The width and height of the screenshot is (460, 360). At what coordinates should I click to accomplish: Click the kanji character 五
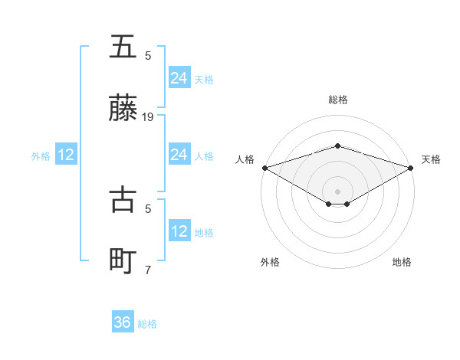[x=123, y=47]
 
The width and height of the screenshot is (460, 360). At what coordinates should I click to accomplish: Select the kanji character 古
[x=123, y=199]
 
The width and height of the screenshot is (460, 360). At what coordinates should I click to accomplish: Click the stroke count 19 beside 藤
[x=149, y=117]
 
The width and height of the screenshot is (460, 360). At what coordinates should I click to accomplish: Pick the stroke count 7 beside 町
[x=149, y=270]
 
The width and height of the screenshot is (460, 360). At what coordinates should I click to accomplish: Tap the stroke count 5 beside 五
[x=149, y=55]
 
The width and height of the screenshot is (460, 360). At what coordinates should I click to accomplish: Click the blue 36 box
[x=123, y=322]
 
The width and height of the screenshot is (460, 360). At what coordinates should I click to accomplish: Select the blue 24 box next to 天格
[x=179, y=77]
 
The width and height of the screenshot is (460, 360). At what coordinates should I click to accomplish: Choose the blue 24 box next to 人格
[x=179, y=155]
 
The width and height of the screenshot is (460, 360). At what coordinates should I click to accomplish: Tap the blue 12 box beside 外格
[x=66, y=155]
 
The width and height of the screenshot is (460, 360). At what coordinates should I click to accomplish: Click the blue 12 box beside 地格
[x=179, y=231]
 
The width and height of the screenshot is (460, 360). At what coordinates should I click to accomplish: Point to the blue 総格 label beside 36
[x=147, y=324]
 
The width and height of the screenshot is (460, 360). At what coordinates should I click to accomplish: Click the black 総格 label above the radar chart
[x=338, y=100]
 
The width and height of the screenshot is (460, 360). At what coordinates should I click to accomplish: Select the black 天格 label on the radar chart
[x=431, y=159]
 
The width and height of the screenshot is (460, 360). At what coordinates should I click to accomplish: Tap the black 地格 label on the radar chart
[x=402, y=262]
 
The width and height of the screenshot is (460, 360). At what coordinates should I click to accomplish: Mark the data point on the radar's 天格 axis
[x=412, y=167]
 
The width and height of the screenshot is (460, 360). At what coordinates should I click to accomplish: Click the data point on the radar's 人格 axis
[x=264, y=167]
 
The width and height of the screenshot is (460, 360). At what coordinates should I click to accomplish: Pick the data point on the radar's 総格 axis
[x=338, y=146]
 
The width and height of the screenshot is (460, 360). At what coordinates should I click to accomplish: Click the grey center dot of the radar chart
[x=338, y=191]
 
